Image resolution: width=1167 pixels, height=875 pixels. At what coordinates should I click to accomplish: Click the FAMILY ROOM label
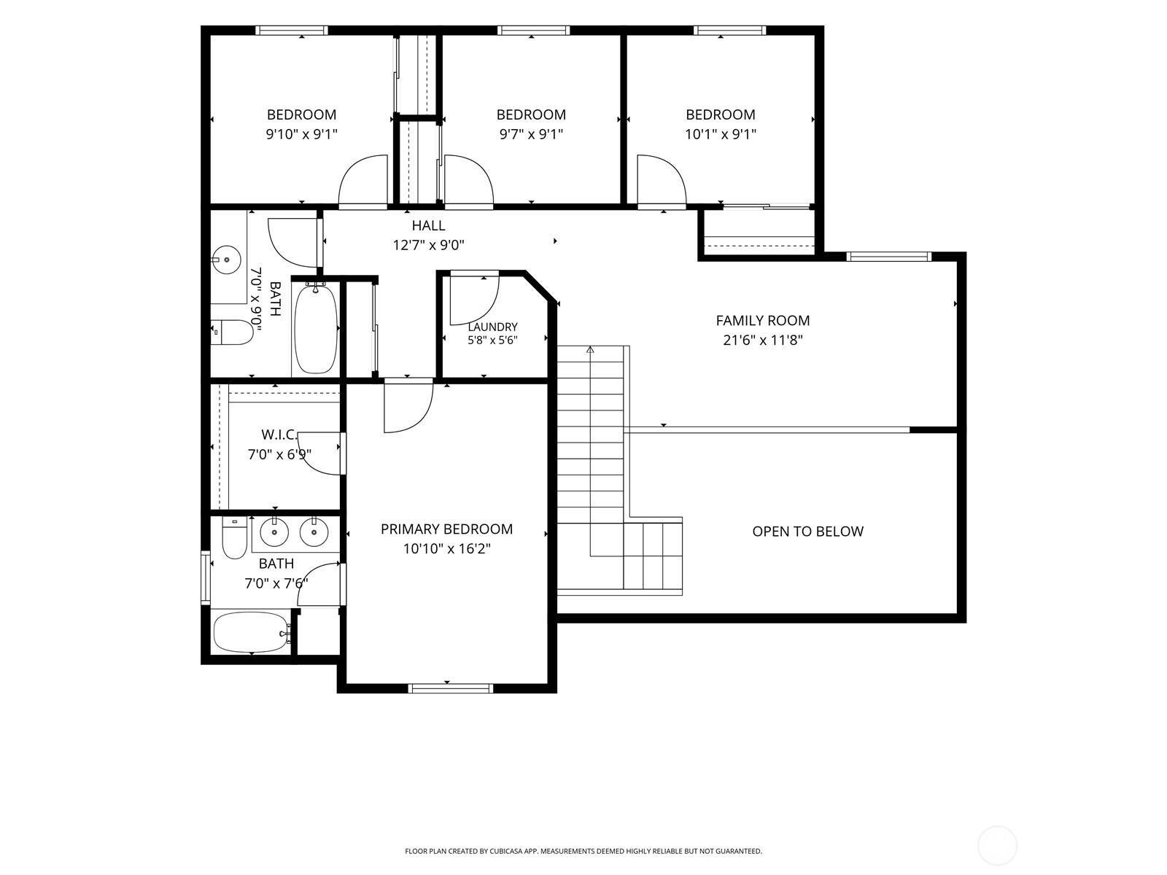coord(762,320)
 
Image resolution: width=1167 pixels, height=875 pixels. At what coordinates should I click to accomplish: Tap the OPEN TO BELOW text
coord(807,532)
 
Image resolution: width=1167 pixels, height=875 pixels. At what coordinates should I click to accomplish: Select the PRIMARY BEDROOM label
coord(446,529)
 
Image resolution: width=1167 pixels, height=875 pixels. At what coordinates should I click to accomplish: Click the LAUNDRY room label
coord(492,327)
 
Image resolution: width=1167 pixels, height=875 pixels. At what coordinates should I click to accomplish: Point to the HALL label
coord(429,226)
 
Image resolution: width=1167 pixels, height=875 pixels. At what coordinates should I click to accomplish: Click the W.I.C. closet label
coord(279,435)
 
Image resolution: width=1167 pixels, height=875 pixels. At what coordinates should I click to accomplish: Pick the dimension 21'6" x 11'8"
coord(762,340)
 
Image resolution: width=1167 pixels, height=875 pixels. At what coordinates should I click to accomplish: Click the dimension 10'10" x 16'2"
coord(446,549)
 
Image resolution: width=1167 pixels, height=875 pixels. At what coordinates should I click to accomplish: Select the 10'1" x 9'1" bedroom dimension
coord(721,134)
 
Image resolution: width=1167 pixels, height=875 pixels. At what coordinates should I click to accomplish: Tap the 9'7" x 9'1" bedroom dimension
coord(531,134)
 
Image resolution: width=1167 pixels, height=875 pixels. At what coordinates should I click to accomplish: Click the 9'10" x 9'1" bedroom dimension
coord(301,134)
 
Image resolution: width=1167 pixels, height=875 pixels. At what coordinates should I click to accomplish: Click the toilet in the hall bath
coord(232,332)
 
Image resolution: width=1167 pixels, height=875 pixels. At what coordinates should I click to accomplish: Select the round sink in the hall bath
coord(226,260)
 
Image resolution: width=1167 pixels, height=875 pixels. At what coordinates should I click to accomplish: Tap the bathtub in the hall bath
coord(316,329)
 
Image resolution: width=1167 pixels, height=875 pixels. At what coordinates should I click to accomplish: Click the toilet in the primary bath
coord(234,538)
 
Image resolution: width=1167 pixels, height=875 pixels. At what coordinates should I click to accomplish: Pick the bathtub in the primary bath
coord(252,632)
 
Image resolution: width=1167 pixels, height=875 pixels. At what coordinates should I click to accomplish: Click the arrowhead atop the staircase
coord(590,349)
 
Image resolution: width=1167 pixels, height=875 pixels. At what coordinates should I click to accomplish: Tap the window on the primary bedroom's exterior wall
coord(451,688)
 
